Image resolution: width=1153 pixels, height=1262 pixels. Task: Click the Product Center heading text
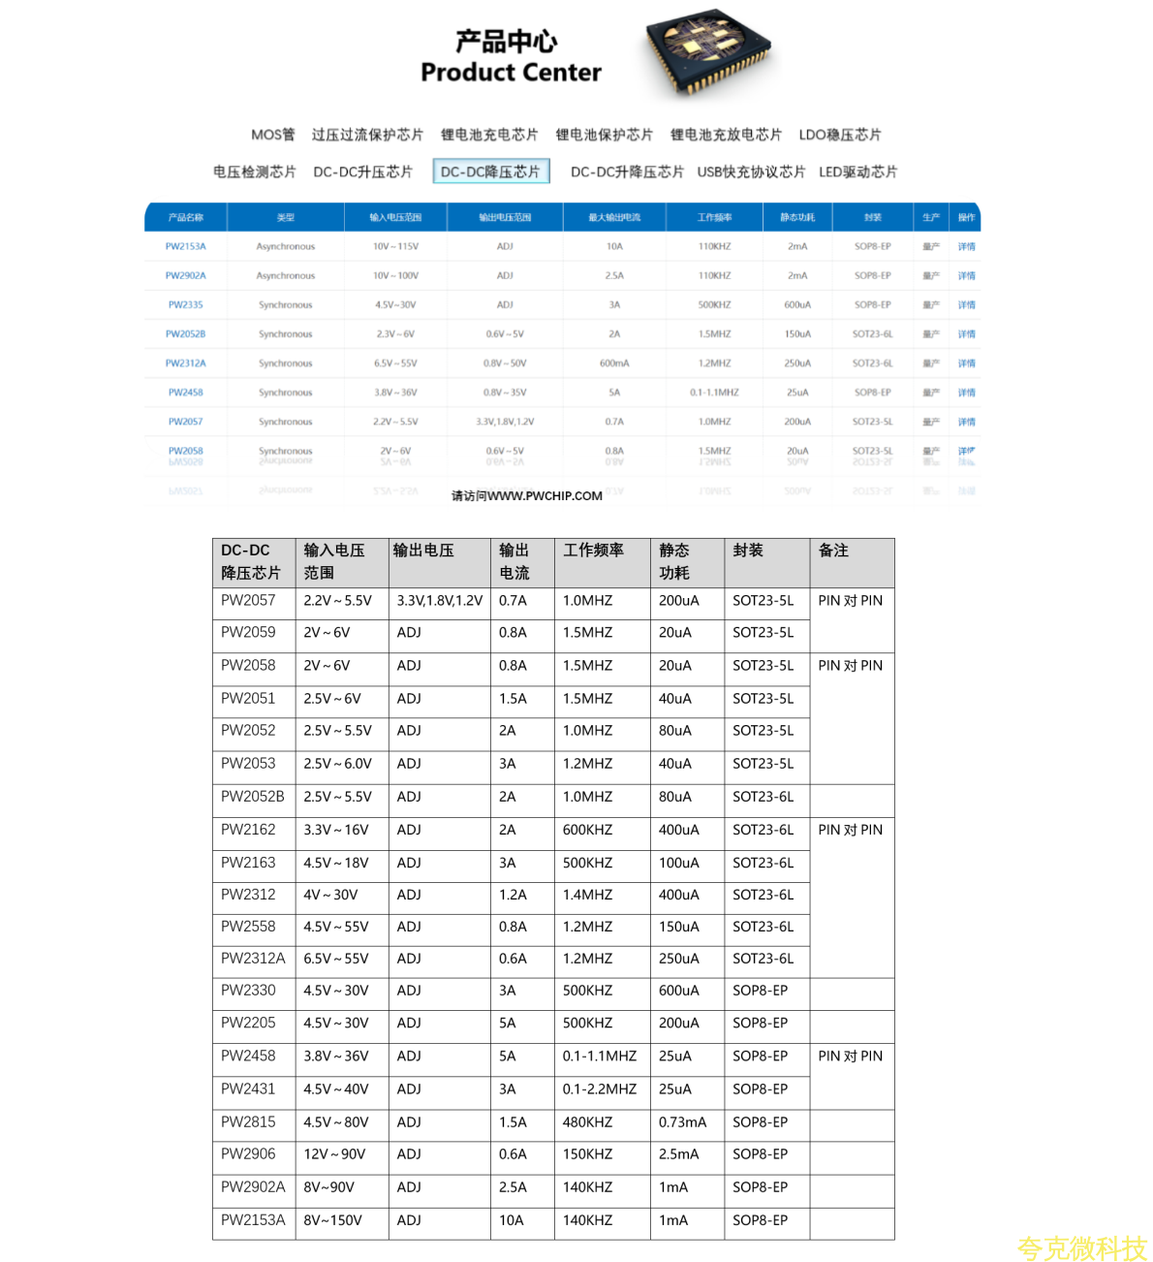(x=511, y=73)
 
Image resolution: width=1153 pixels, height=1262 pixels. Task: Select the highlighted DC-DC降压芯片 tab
(x=490, y=172)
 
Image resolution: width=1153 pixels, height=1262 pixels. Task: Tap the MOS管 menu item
(x=272, y=135)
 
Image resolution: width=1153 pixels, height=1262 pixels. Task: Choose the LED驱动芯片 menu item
(x=857, y=172)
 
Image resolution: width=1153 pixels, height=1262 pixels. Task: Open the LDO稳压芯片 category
(x=840, y=135)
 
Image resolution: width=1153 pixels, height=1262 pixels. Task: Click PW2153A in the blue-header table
(x=185, y=246)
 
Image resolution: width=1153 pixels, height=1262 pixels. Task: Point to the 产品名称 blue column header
(x=185, y=217)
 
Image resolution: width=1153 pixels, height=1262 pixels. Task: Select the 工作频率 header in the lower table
(x=593, y=551)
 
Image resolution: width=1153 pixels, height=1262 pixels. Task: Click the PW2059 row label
(x=248, y=632)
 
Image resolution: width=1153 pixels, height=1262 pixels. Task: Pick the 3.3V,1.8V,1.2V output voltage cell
(x=439, y=600)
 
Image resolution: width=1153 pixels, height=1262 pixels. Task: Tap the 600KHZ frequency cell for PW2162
(x=587, y=830)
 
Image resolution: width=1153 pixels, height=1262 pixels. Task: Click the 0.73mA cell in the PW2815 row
(x=682, y=1121)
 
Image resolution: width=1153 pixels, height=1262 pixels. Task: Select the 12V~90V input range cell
(x=334, y=1153)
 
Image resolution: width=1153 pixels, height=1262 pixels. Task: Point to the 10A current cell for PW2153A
(x=511, y=1220)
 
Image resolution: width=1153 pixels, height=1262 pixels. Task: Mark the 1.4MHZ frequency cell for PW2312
(x=587, y=895)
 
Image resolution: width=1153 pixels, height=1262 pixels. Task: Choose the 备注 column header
(x=833, y=551)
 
